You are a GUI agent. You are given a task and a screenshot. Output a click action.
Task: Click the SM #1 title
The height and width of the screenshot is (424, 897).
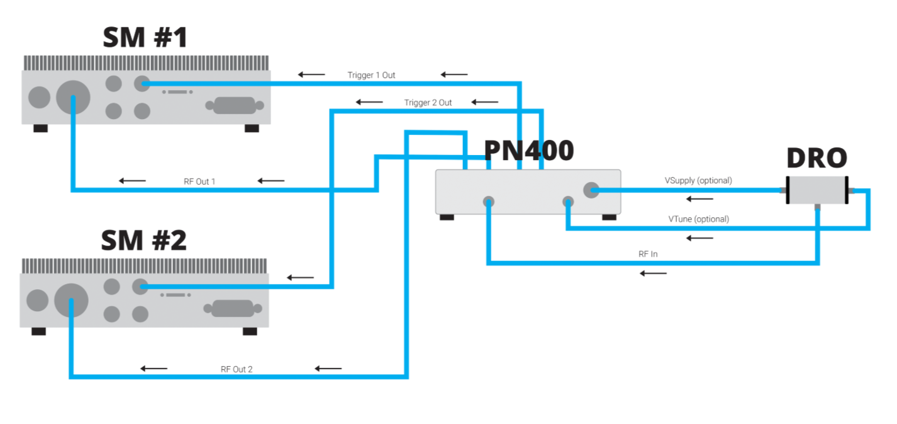[x=145, y=37]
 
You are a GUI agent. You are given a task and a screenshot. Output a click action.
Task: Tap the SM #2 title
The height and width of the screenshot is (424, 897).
[x=144, y=240]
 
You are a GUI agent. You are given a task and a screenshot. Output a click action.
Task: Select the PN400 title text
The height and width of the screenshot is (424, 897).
[x=529, y=151]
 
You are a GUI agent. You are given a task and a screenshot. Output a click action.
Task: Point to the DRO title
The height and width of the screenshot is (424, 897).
[x=817, y=158]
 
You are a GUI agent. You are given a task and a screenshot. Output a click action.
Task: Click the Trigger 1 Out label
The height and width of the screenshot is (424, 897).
[x=371, y=75]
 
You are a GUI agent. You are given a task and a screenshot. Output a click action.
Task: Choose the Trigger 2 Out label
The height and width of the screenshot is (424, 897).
[x=428, y=103]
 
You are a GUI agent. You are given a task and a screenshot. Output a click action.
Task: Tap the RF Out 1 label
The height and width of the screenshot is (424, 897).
[x=199, y=181]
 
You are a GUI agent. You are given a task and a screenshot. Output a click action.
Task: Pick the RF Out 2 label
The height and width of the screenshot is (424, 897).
[x=237, y=369]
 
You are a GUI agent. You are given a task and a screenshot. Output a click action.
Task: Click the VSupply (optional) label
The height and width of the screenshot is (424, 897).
[x=698, y=181]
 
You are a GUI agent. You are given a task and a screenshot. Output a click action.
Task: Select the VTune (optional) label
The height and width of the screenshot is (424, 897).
[x=699, y=219]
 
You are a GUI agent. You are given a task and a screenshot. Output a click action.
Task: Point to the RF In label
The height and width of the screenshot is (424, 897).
[x=648, y=254]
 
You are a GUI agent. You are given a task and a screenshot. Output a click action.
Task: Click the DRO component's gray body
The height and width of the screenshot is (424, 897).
[x=817, y=190]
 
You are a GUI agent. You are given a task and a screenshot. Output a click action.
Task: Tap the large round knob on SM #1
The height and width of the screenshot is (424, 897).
[x=73, y=97]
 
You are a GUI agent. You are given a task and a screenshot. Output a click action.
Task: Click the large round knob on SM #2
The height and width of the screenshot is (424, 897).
[x=71, y=300]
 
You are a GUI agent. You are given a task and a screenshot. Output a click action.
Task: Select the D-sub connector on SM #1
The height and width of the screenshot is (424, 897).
[x=235, y=105]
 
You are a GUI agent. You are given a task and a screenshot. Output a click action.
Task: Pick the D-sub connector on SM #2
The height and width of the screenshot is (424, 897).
[x=233, y=309]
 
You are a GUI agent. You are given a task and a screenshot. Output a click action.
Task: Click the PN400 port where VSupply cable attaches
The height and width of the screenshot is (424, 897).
[x=591, y=190]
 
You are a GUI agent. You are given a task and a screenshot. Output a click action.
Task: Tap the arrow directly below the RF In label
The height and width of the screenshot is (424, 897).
[x=653, y=273]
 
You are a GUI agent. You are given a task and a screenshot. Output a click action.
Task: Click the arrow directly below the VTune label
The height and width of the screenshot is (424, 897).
[x=699, y=238]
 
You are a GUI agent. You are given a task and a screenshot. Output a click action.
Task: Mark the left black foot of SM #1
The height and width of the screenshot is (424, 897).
[x=40, y=129]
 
